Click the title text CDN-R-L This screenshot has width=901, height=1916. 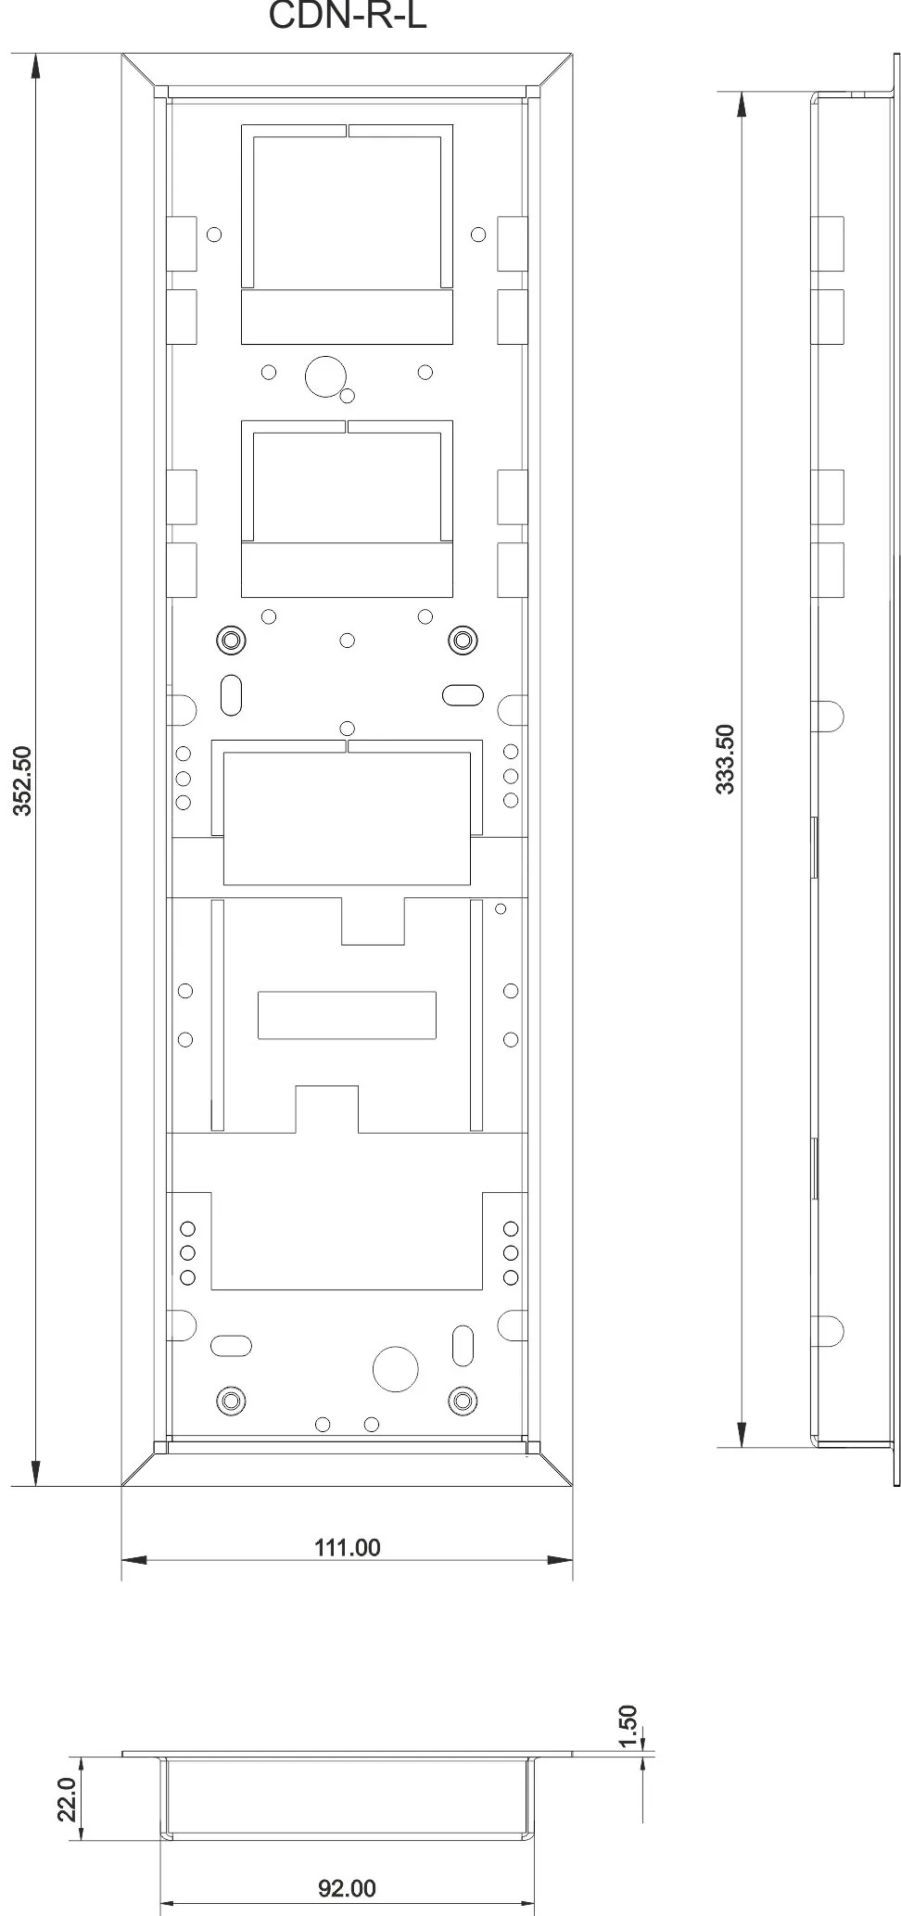coord(347,16)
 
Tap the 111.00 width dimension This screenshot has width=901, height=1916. coord(348,1547)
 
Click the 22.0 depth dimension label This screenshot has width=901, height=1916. coord(67,1799)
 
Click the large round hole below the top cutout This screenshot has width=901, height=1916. coord(325,375)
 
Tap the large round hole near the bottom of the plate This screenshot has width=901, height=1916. coord(396,1366)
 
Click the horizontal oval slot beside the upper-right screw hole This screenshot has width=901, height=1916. coord(463,694)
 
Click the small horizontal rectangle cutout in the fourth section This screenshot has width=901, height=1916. coord(347,1015)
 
